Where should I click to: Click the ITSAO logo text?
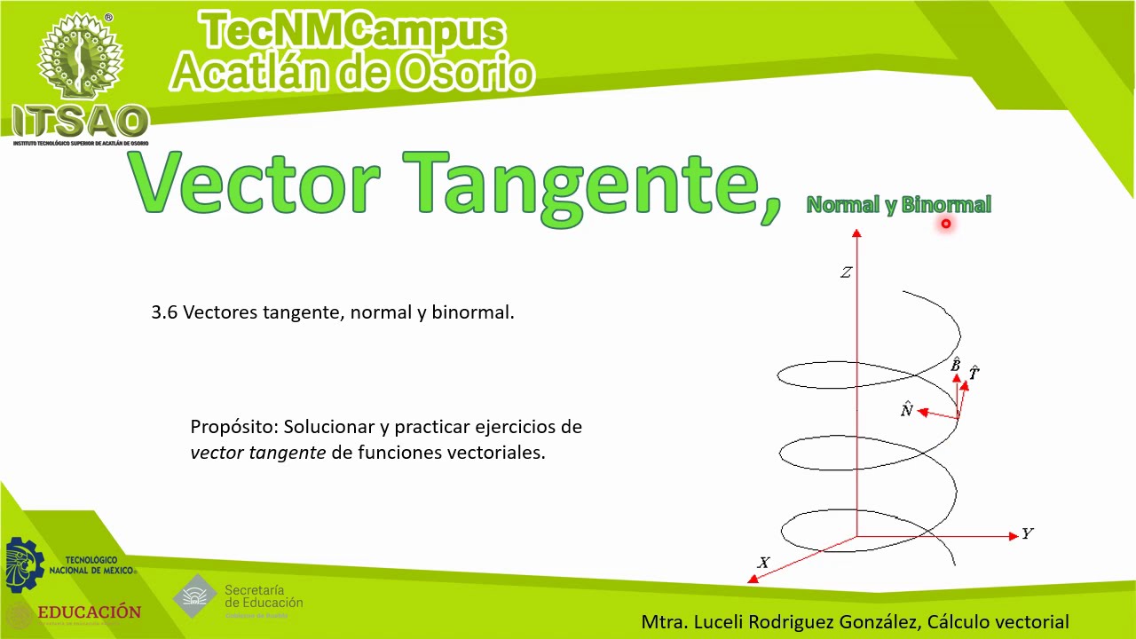tap(80, 122)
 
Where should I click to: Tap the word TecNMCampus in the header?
tap(353, 32)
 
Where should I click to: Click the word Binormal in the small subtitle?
tap(946, 205)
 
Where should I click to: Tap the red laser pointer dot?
tap(946, 225)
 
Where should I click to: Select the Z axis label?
tap(846, 272)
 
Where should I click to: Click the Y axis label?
tap(1027, 533)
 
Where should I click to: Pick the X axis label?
tap(763, 563)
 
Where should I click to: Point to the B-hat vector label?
tap(956, 365)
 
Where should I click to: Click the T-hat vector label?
tap(974, 373)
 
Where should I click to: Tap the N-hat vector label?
tap(906, 409)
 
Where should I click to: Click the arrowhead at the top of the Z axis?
tap(856, 233)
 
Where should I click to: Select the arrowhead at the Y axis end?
tap(1014, 536)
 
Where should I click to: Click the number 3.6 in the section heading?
tap(164, 312)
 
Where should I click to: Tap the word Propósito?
tap(234, 427)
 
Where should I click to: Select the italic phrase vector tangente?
tap(257, 453)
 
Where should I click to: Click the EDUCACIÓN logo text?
tap(89, 612)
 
